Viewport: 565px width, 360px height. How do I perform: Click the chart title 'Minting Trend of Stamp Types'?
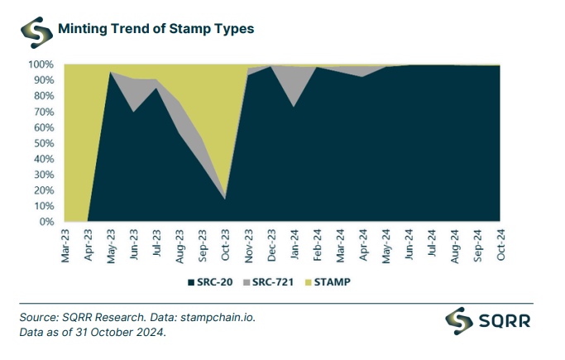pyautogui.click(x=156, y=28)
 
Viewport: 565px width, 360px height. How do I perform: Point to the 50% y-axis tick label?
pyautogui.click(x=43, y=143)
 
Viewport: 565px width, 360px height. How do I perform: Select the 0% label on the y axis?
pyautogui.click(x=46, y=222)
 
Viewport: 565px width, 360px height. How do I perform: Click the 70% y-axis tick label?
pyautogui.click(x=43, y=112)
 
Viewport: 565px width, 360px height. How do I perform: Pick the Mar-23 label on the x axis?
pyautogui.click(x=66, y=246)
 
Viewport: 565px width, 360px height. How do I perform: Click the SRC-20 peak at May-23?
pyautogui.click(x=111, y=72)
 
